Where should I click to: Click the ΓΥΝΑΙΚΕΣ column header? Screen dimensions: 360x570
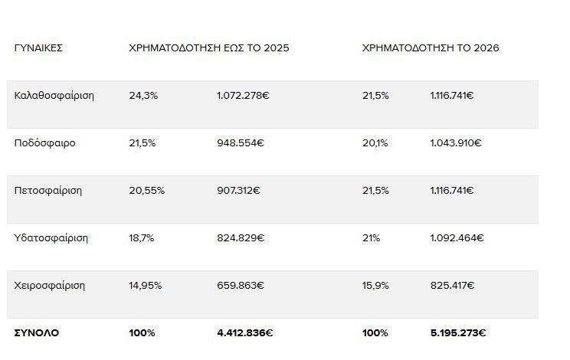pos(38,48)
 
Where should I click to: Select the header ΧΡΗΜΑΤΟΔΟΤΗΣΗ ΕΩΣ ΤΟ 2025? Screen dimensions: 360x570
pos(209,48)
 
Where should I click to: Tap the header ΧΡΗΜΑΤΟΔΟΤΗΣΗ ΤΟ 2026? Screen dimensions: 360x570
pos(431,48)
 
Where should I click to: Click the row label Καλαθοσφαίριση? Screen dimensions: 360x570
pos(54,96)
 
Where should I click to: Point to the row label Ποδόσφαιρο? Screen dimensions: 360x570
pos(45,143)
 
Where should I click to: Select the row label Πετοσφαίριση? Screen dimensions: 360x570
pos(48,191)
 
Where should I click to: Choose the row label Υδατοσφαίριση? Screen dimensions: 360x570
pos(51,238)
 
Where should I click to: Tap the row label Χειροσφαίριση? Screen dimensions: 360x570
pos(50,286)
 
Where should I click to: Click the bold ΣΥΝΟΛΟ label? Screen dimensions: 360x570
pos(37,333)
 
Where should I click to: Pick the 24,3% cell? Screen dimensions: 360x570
pos(142,96)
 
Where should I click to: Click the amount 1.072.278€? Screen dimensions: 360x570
pos(242,96)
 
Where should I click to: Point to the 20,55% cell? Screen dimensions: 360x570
pos(147,191)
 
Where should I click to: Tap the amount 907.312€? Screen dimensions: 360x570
pos(239,191)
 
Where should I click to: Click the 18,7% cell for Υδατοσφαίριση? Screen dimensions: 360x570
pos(142,238)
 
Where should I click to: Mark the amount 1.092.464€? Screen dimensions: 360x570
pos(457,238)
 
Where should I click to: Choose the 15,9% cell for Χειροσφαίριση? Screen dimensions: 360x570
pos(375,286)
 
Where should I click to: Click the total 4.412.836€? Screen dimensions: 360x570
pos(245,333)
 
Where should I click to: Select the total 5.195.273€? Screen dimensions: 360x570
pos(458,333)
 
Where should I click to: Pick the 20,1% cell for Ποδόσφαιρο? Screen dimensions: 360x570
pos(375,143)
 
